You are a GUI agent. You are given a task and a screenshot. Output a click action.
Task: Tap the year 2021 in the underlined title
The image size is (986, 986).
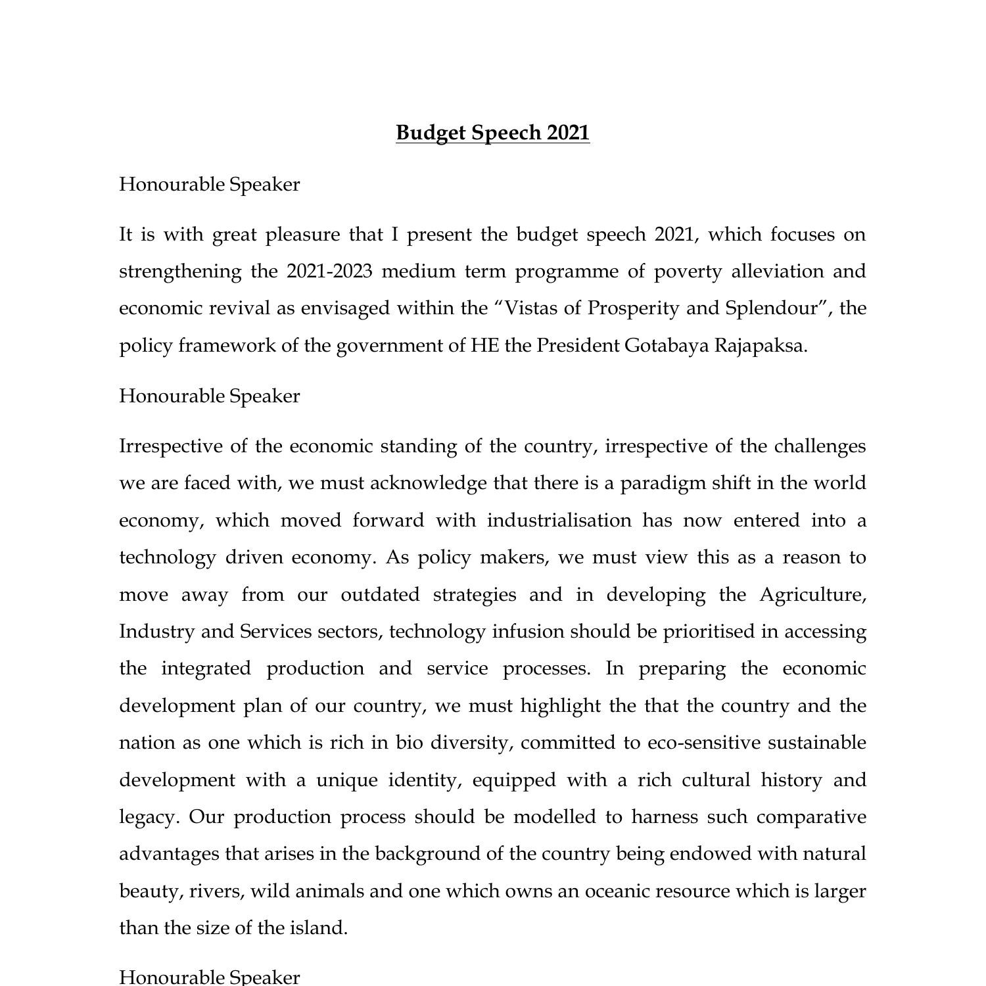pos(568,133)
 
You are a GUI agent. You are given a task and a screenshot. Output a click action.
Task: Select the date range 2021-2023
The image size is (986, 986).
pos(329,271)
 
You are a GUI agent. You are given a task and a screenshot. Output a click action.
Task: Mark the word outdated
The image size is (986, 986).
pos(379,595)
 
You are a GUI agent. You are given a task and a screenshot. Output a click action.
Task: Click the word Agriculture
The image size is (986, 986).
pos(812,595)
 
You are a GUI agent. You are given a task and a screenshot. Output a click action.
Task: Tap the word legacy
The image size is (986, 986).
pos(149,818)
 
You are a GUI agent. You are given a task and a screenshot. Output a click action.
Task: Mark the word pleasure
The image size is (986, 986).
pos(302,235)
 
